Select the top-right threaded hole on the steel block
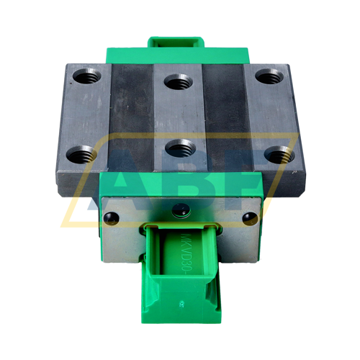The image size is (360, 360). [x=268, y=76]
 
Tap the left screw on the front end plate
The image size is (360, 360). [x=110, y=216]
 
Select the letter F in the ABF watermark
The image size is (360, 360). [x=245, y=180]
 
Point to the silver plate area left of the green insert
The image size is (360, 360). [x=122, y=238]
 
